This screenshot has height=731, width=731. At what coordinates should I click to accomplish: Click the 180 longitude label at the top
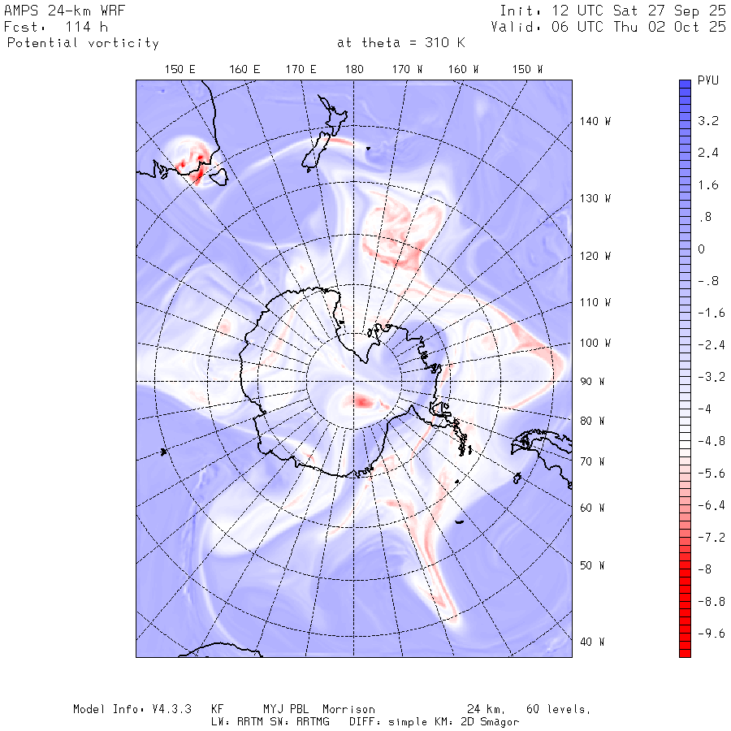click(x=354, y=70)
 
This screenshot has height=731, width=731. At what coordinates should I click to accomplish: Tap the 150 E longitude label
click(x=180, y=70)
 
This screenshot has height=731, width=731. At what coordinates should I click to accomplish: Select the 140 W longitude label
click(x=595, y=121)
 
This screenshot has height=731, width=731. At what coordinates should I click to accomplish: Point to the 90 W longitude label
click(x=595, y=381)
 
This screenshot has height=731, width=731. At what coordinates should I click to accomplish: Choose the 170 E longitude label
click(x=301, y=70)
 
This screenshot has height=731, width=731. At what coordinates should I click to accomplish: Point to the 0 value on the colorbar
click(x=701, y=249)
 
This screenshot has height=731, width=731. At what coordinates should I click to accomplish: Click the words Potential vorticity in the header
click(x=83, y=43)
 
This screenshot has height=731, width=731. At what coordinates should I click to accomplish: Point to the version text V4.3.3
click(x=168, y=709)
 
